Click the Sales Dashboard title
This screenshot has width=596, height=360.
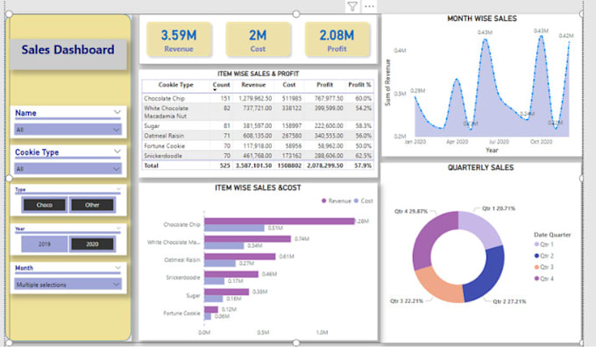[67, 50]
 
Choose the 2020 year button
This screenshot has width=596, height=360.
[92, 244]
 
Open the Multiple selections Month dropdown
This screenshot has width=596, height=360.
[67, 284]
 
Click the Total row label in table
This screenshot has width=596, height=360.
[153, 164]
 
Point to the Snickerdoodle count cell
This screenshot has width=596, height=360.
[225, 154]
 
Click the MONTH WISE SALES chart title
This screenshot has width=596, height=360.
[481, 18]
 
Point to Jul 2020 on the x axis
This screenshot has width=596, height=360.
[499, 141]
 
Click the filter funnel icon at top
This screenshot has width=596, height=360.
[351, 7]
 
